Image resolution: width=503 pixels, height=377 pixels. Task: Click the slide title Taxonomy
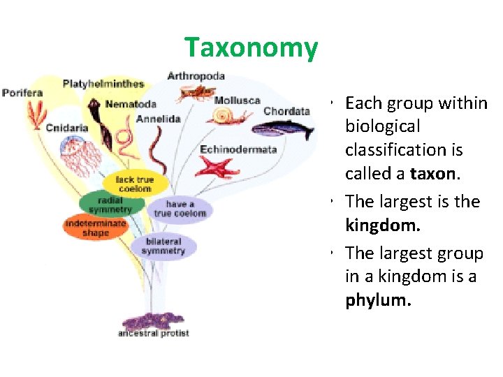point(251,48)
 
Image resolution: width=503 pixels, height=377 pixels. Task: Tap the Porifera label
point(22,93)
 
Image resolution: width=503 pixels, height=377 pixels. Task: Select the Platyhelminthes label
point(103,84)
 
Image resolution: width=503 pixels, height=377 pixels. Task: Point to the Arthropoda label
point(196,75)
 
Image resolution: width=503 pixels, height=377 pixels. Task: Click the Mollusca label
point(237,101)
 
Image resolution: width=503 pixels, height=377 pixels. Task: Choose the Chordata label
point(286,111)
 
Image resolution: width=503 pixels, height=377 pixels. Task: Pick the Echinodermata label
point(238,149)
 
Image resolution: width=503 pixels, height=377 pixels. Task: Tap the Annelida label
point(159,119)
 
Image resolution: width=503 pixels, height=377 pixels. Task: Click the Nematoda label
point(131,104)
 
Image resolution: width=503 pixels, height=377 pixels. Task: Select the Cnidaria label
point(67,128)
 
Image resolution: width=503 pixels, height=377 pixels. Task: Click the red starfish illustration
point(217,168)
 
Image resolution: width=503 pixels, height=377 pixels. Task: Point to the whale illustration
point(282,129)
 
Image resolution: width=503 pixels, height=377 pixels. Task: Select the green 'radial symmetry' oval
point(110,205)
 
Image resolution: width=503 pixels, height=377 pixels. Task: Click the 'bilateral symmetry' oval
point(163,246)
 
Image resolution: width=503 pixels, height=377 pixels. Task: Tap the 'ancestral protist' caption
point(154,333)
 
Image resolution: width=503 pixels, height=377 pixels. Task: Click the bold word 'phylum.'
point(379,300)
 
